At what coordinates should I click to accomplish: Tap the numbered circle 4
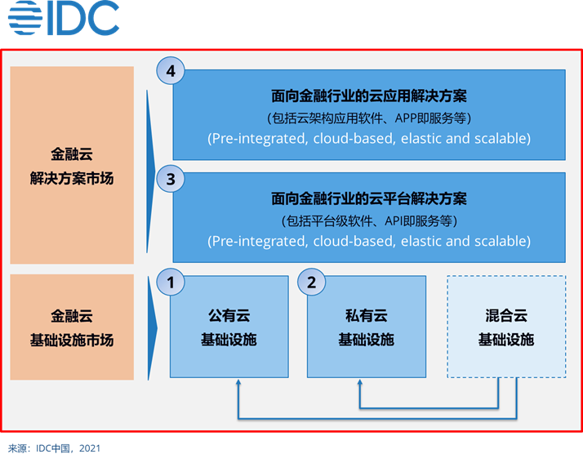pyautogui.click(x=171, y=72)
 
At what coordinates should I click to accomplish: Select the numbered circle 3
pyautogui.click(x=171, y=180)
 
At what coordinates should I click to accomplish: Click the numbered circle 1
pyautogui.click(x=171, y=283)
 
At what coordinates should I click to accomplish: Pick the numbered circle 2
pyautogui.click(x=310, y=283)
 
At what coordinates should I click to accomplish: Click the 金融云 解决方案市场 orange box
pyautogui.click(x=72, y=165)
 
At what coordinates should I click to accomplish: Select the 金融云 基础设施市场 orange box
pyautogui.click(x=72, y=327)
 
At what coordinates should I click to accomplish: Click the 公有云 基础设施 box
pyautogui.click(x=229, y=327)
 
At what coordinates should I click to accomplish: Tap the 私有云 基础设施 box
pyautogui.click(x=366, y=327)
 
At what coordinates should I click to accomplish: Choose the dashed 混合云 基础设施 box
pyautogui.click(x=505, y=327)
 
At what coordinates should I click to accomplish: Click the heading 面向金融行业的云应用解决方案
pyautogui.click(x=368, y=96)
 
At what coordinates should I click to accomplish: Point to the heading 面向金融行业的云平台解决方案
pyautogui.click(x=368, y=199)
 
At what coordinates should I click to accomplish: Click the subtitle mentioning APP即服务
pyautogui.click(x=368, y=118)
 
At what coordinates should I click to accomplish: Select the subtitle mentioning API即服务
pyautogui.click(x=368, y=220)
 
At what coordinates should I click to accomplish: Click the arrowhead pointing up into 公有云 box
pyautogui.click(x=238, y=385)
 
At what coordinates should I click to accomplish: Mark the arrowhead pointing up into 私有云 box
pyautogui.click(x=360, y=385)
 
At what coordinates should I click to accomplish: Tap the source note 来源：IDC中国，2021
pyautogui.click(x=55, y=448)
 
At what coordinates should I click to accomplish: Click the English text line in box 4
pyautogui.click(x=368, y=139)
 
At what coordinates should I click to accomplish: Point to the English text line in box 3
pyautogui.click(x=368, y=242)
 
